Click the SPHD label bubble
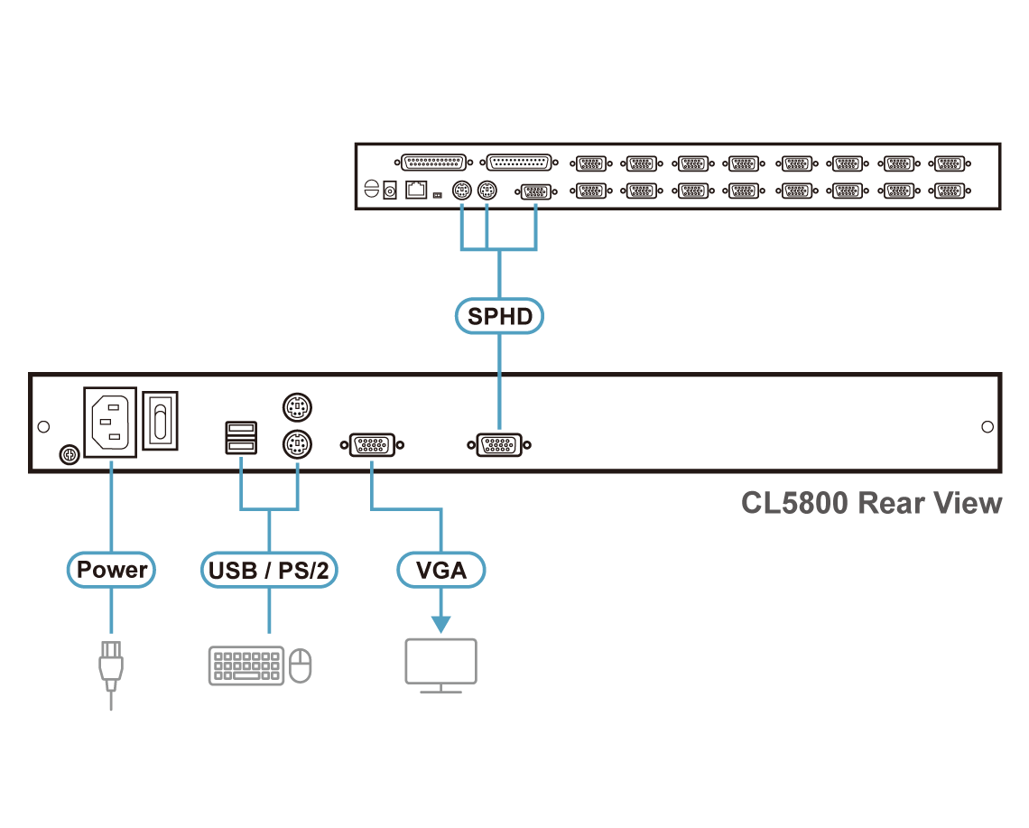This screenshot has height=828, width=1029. coord(499,316)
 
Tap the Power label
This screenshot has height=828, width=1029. coord(112,570)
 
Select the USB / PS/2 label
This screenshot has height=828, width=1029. coord(269,571)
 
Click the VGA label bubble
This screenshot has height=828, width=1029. coord(441,571)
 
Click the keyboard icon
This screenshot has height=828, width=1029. coord(246,665)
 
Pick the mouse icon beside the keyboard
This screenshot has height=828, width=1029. coord(301,666)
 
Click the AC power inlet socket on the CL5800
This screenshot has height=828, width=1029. coord(110,423)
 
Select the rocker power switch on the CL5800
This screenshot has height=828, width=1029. coord(162,420)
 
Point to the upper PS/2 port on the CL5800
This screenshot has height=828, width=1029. coord(297,408)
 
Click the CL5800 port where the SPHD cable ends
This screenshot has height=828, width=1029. coord(499,445)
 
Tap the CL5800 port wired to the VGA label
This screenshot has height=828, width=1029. coord(371,445)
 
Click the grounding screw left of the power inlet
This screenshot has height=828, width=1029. coord(66,454)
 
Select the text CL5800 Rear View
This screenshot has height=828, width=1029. coord(871,503)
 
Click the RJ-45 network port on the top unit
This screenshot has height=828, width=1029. coord(417,191)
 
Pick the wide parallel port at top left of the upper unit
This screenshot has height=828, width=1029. coord(434,163)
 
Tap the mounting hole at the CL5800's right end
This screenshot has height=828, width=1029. coord(987,426)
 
